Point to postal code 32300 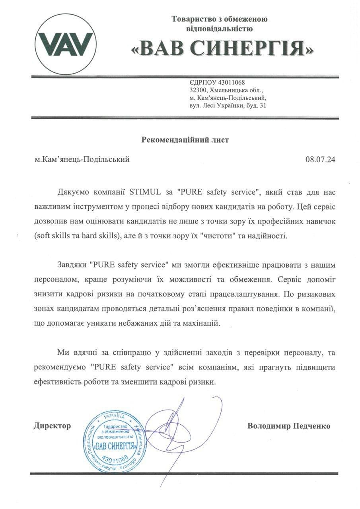point(198,90)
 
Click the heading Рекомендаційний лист point(185,140)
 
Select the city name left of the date point(82,160)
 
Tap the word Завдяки point(72,265)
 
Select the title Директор point(52,426)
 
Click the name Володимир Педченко point(288,426)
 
